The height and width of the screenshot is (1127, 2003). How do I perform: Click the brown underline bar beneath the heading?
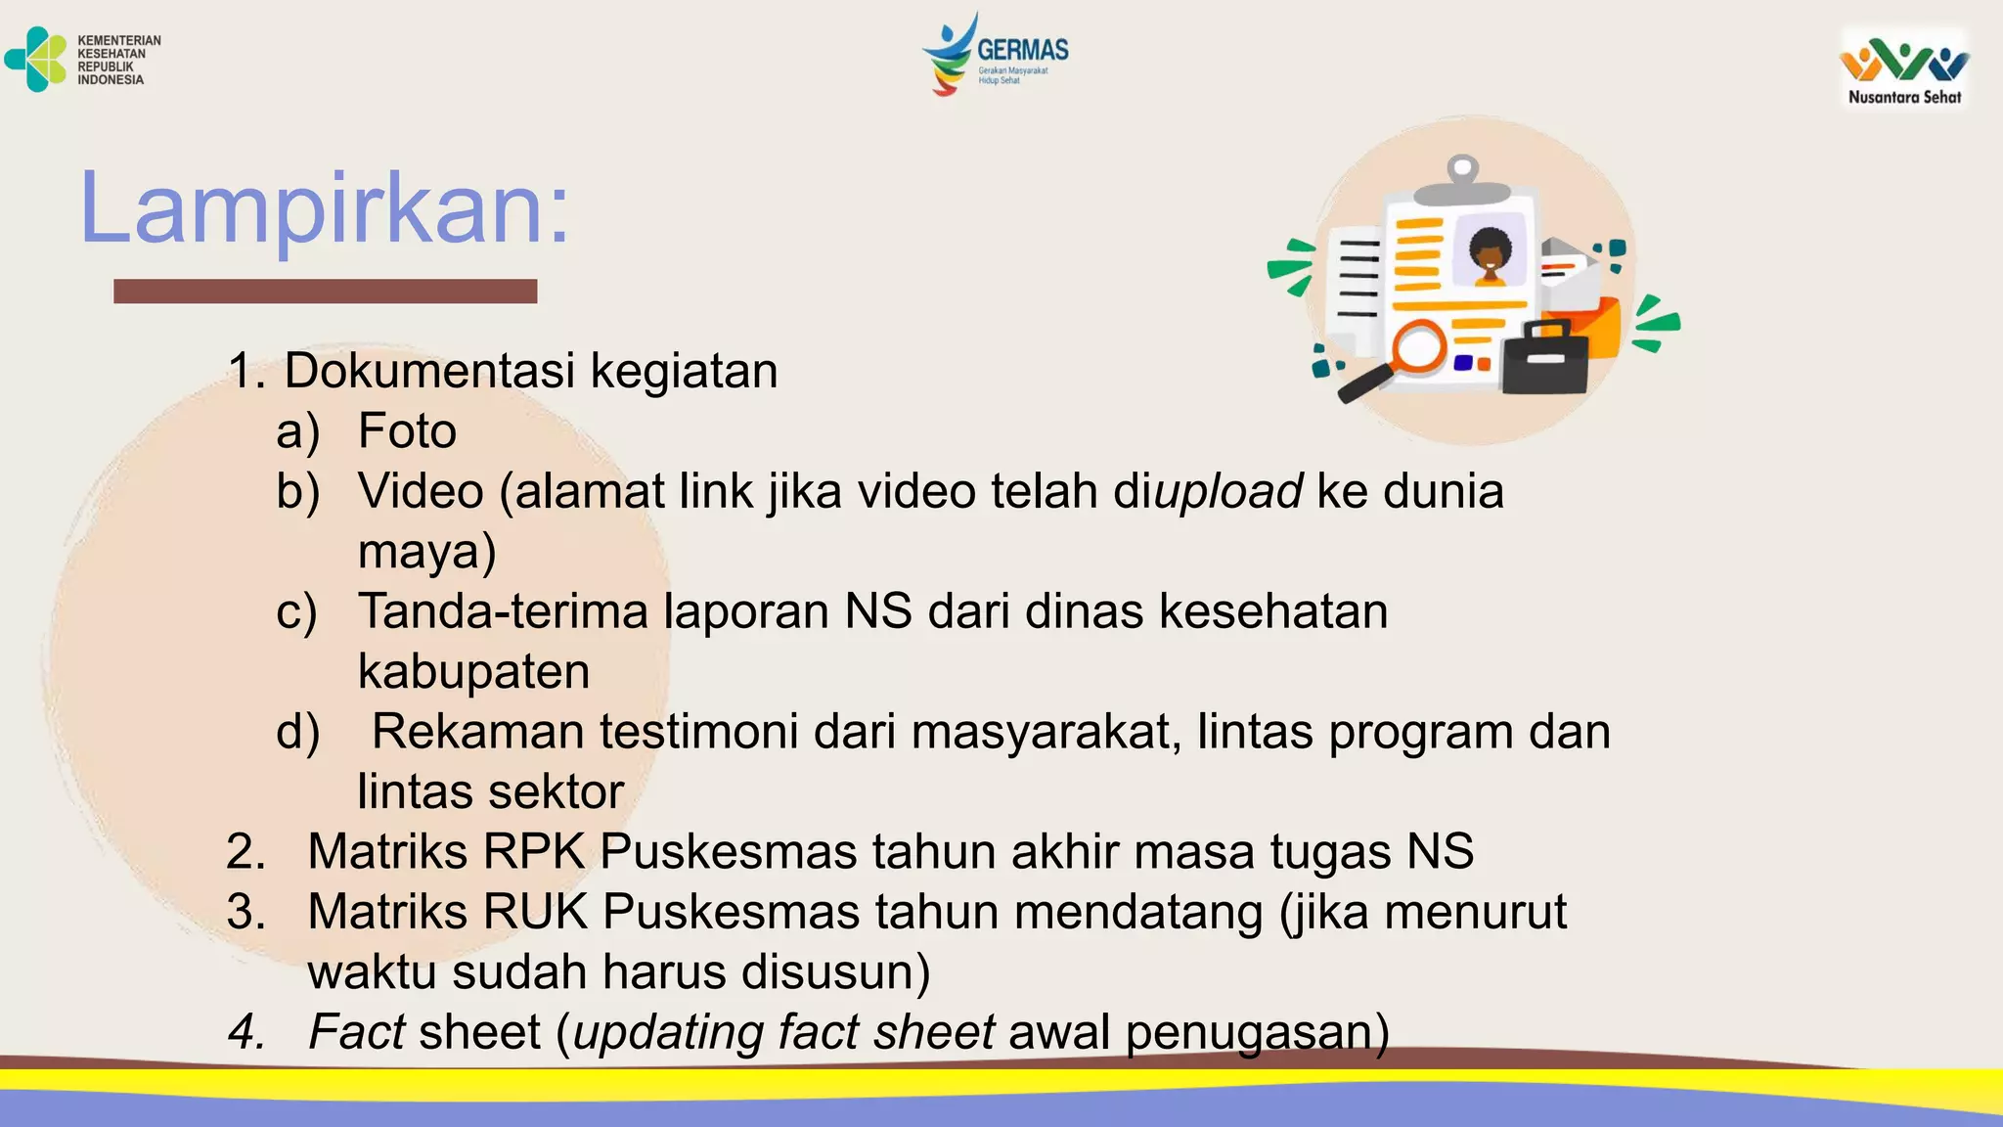click(325, 291)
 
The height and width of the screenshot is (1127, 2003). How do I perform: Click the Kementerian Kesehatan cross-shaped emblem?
click(37, 60)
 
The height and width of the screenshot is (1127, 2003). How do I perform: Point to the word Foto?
click(407, 431)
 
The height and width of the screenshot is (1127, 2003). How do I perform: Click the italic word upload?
click(1228, 491)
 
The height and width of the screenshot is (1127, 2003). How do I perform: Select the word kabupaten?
click(473, 672)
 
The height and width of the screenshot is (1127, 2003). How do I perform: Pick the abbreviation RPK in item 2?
click(533, 852)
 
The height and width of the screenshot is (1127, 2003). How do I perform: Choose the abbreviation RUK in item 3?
click(535, 912)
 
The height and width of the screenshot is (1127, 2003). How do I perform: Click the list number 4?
click(245, 1032)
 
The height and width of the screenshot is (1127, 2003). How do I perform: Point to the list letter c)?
click(296, 612)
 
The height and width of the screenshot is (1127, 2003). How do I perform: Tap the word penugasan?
click(1256, 1033)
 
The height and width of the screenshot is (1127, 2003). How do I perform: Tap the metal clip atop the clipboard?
click(1461, 180)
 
